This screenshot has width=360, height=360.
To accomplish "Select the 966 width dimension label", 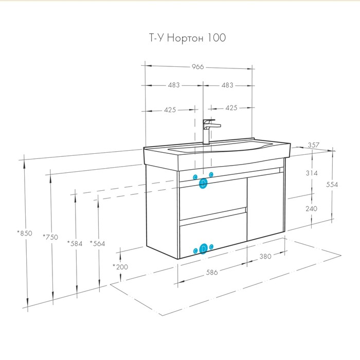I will pyautogui.click(x=198, y=67).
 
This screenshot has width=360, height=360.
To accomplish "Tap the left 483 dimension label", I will pyautogui.click(x=173, y=85).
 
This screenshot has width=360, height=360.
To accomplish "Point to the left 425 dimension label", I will pyautogui.click(x=170, y=109).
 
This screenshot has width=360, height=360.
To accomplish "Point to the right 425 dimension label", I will pyautogui.click(x=231, y=108).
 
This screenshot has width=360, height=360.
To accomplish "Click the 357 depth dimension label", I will pyautogui.click(x=314, y=146).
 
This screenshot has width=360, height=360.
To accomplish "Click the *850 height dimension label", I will pyautogui.click(x=24, y=233).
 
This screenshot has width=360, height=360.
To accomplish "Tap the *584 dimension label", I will pyautogui.click(x=75, y=243).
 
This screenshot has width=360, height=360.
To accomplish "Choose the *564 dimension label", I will pyautogui.click(x=97, y=243).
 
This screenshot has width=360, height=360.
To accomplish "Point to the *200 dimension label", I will pyautogui.click(x=120, y=266).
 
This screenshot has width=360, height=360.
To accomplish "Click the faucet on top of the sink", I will pyautogui.click(x=209, y=131).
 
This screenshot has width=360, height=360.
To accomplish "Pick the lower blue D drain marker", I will pyautogui.click(x=204, y=249).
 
